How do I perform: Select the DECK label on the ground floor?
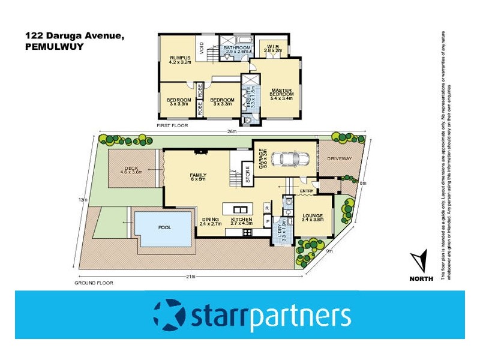[x=131, y=169]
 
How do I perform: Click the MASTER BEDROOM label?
[x=281, y=92]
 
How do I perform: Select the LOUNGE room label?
[x=313, y=217]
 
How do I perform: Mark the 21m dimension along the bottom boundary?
[x=190, y=277]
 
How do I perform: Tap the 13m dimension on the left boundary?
[x=84, y=200]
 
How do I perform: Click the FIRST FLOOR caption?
[x=172, y=126]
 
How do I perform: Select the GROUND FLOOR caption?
[x=94, y=283]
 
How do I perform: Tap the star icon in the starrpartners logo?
[x=169, y=315]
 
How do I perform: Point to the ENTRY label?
[x=307, y=191]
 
